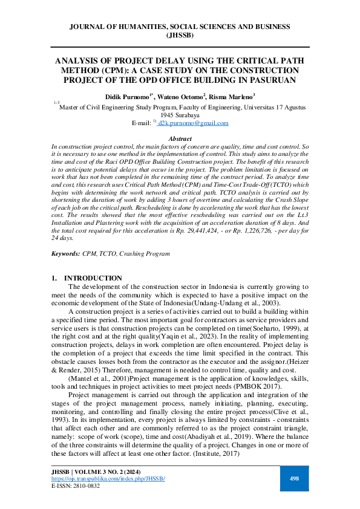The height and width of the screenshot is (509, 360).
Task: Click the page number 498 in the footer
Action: [295, 478]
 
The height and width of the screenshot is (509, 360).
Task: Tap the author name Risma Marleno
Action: [231, 96]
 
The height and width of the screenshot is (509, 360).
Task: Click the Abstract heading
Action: [180, 139]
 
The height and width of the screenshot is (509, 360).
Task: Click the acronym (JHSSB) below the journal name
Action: [180, 35]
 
